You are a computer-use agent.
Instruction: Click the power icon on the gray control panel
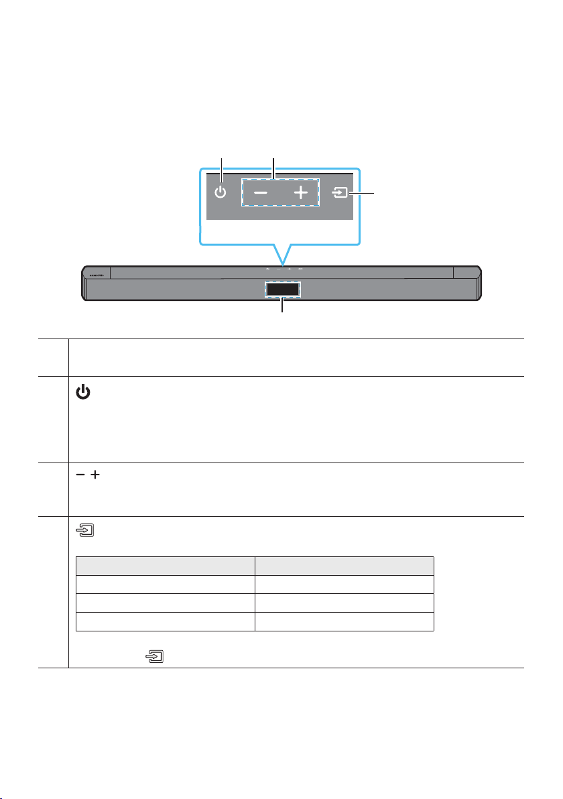(x=221, y=194)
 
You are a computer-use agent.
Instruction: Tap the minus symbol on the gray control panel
(x=261, y=194)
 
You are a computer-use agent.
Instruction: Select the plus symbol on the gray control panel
(x=301, y=194)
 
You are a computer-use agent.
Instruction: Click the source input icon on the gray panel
(x=342, y=194)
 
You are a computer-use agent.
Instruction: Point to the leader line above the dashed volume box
(x=273, y=165)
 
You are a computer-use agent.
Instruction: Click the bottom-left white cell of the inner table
(x=165, y=622)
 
